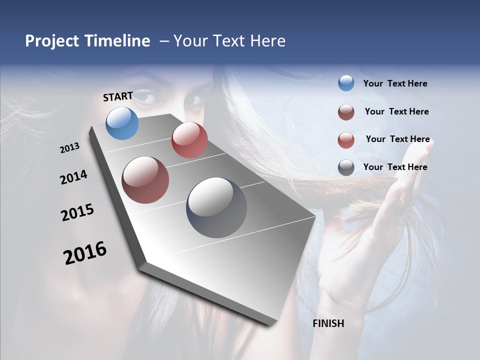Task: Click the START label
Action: [x=118, y=96]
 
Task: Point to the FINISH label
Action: [x=328, y=323]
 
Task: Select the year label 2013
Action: [x=70, y=148]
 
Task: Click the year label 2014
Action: [x=73, y=177]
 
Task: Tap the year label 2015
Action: [x=77, y=212]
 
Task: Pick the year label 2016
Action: [x=85, y=253]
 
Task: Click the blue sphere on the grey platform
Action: [x=122, y=123]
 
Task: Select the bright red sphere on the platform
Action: [x=189, y=140]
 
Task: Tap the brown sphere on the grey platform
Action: [x=145, y=180]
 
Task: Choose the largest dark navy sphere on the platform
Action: [x=216, y=207]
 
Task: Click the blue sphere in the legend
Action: [x=346, y=83]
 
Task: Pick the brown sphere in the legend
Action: [x=346, y=112]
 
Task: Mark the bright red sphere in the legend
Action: [x=346, y=140]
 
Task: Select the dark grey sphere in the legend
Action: [x=346, y=167]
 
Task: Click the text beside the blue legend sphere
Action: [x=395, y=84]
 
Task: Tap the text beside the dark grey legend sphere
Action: [x=395, y=167]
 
